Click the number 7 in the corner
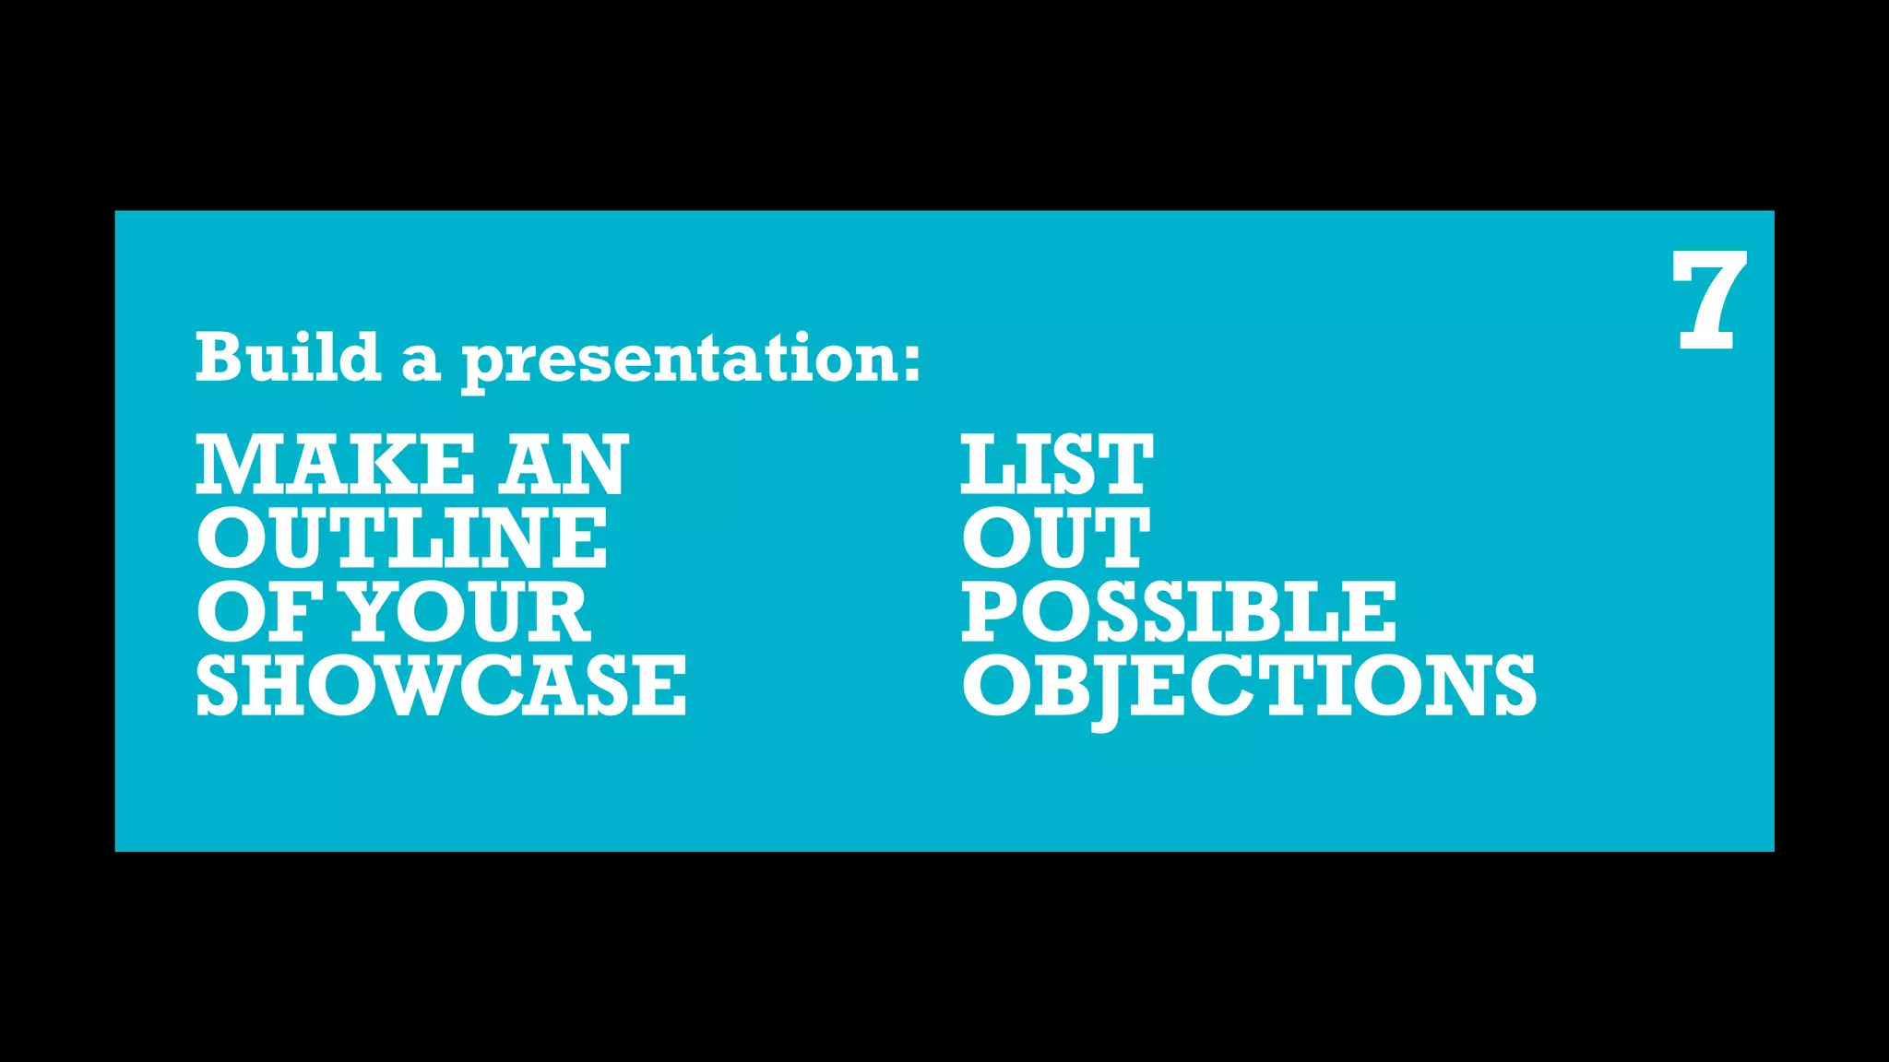tap(1709, 301)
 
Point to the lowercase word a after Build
tap(420, 362)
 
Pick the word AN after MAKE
tap(564, 465)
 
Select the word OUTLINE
tap(402, 538)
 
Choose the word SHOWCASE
tap(441, 686)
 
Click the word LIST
tap(1056, 465)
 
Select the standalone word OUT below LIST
tap(1056, 538)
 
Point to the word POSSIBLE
tap(1179, 612)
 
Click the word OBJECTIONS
tap(1249, 686)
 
